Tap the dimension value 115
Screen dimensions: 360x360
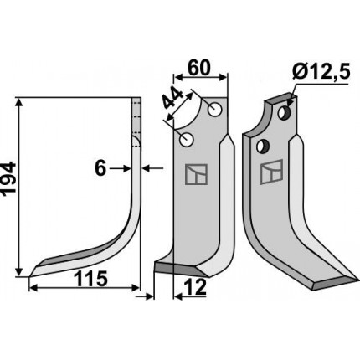[90, 279]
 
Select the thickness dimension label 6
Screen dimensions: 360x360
[100, 169]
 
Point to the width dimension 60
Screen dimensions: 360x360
[198, 69]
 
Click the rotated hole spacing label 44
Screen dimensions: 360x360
[172, 98]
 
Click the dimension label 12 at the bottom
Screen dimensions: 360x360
[195, 287]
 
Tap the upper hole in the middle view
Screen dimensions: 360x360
[215, 110]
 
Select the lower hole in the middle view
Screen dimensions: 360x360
[187, 139]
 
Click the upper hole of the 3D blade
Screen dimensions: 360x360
[285, 112]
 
